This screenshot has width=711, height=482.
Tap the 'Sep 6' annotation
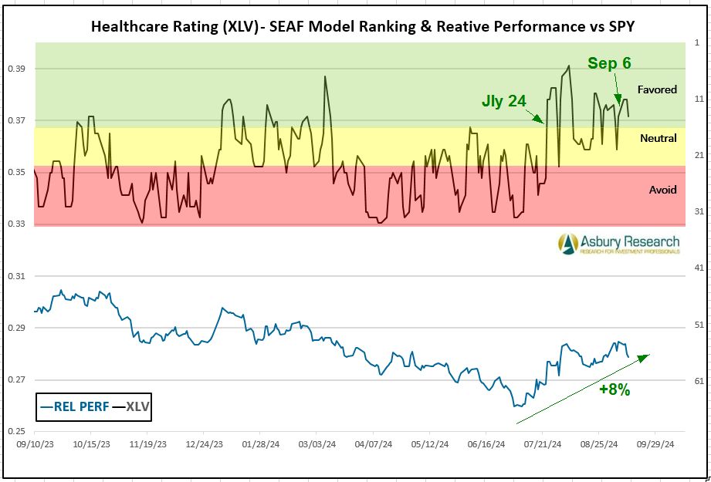[609, 63]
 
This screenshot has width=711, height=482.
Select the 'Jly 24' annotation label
[503, 101]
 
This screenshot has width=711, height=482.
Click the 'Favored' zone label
[657, 89]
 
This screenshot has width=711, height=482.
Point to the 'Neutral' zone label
[659, 138]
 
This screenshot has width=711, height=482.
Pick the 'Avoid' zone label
[662, 190]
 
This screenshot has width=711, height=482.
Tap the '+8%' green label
[615, 390]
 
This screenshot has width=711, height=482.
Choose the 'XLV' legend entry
[132, 406]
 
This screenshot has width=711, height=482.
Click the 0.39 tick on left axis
[15, 69]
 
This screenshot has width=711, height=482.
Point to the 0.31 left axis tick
[15, 276]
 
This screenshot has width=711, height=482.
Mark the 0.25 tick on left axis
[15, 432]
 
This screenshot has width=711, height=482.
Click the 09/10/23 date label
[35, 445]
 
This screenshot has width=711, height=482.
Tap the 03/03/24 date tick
[317, 445]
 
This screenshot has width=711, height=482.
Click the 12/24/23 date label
[204, 445]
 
